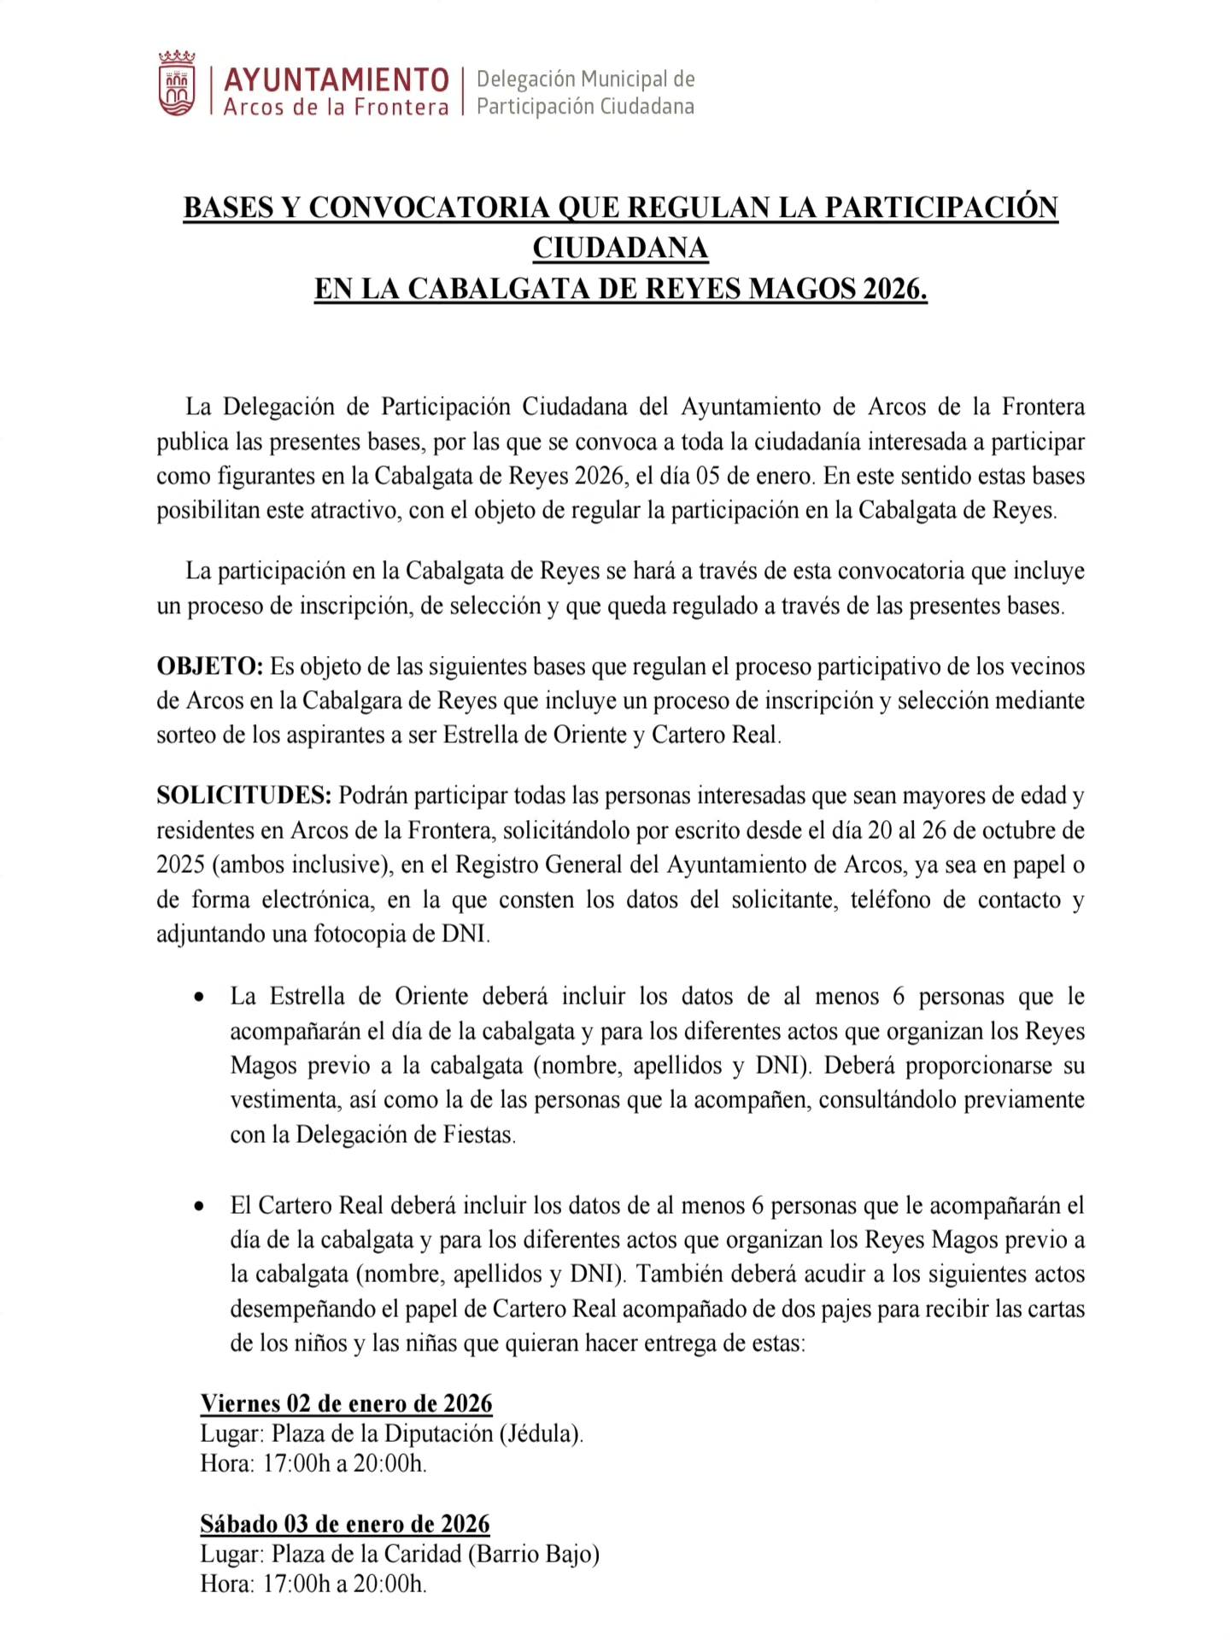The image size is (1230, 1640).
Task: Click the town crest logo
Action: point(177,84)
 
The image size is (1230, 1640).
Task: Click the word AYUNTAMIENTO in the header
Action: point(336,80)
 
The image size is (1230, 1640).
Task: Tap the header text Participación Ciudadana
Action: point(585,107)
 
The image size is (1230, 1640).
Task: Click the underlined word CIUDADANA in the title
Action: point(620,249)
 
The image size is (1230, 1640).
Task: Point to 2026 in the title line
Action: point(893,290)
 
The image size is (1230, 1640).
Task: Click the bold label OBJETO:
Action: point(209,666)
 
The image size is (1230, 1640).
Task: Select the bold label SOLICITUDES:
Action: point(243,796)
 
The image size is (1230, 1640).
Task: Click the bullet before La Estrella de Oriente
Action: point(199,997)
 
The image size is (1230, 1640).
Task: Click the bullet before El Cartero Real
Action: point(199,1206)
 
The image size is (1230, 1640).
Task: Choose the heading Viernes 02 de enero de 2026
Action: point(346,1403)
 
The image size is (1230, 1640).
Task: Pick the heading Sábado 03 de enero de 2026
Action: point(345,1524)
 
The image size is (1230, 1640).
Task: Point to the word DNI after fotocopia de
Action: point(466,934)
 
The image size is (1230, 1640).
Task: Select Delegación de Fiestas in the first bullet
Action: point(405,1135)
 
